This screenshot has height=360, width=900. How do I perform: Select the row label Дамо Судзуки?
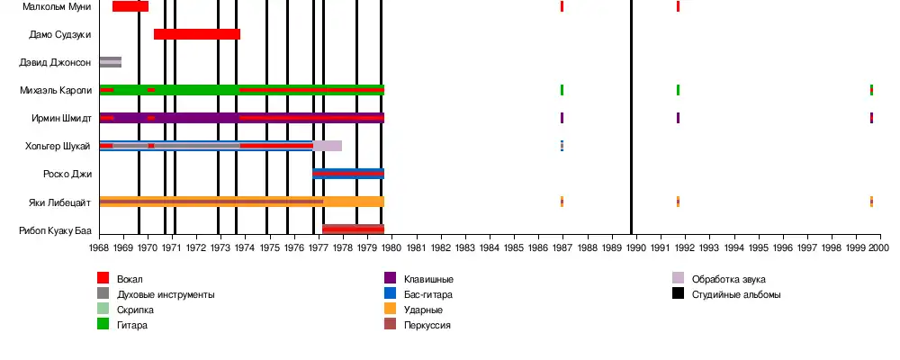pyautogui.click(x=60, y=34)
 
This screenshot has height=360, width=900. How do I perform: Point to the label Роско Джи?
pyautogui.click(x=67, y=174)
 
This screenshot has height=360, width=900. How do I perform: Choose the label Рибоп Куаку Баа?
pyautogui.click(x=56, y=230)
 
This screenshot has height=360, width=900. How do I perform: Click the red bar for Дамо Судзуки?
pyautogui.click(x=197, y=34)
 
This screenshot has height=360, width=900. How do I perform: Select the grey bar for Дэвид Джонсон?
pyautogui.click(x=110, y=62)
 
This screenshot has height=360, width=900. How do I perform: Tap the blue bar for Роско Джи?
pyautogui.click(x=348, y=174)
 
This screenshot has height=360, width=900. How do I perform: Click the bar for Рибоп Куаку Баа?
pyautogui.click(x=353, y=229)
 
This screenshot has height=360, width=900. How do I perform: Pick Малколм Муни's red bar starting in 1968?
pyautogui.click(x=130, y=6)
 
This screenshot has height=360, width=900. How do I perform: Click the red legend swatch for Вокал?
pyautogui.click(x=103, y=279)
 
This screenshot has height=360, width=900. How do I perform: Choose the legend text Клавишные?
pyautogui.click(x=427, y=279)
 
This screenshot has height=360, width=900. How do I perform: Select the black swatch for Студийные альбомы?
pyautogui.click(x=679, y=294)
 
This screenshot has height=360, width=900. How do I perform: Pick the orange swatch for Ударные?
pyautogui.click(x=391, y=310)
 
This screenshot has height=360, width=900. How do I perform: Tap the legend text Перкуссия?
pyautogui.click(x=427, y=325)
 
